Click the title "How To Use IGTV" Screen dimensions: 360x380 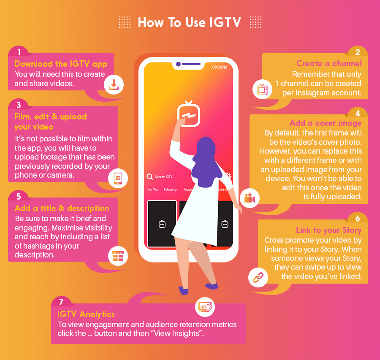click(x=189, y=22)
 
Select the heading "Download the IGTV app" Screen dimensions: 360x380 click(x=61, y=64)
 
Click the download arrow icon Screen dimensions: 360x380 click(x=114, y=84)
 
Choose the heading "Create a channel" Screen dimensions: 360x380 click(x=329, y=63)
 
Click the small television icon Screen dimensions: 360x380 click(x=263, y=89)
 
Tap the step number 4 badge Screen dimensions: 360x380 click(x=357, y=114)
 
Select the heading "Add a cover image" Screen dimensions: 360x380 click(x=326, y=123)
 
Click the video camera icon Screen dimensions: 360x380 click(x=250, y=198)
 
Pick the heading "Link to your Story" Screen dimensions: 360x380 click(x=328, y=230)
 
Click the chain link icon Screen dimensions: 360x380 click(x=258, y=277)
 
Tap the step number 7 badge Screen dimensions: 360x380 click(x=62, y=302)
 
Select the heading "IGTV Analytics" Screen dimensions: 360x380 click(x=86, y=314)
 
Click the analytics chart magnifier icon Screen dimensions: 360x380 click(x=206, y=307)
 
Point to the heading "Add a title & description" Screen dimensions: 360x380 click(x=62, y=208)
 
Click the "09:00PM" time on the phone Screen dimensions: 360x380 click(x=220, y=67)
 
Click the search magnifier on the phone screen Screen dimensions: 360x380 click(x=149, y=177)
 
